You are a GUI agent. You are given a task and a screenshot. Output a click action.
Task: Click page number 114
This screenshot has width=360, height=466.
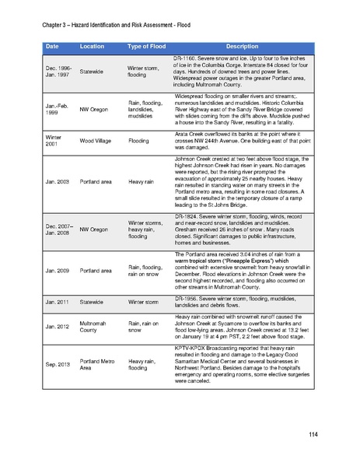coord(313,433)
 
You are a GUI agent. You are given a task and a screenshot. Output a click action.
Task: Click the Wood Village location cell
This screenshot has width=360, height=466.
coord(100,142)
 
